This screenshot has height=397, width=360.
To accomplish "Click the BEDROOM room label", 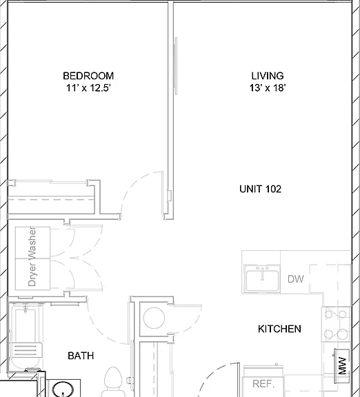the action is coord(88,76).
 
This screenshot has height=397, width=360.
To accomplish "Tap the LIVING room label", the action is coord(268,76).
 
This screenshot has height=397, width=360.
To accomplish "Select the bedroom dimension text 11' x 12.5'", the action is coord(88,88).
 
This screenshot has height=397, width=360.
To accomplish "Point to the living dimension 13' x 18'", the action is coord(268,88).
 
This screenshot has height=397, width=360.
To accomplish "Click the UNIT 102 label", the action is coord(261,189).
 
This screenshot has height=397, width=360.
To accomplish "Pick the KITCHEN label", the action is coord(279,329).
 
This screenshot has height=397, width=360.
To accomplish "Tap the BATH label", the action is coord(81,356).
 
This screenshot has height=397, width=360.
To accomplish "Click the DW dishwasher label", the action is coord(296,279).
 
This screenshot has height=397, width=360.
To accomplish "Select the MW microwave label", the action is coord(342,366).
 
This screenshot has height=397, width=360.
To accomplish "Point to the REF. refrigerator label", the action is coord(263,384).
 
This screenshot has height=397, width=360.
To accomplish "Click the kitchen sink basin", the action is coord(263,281).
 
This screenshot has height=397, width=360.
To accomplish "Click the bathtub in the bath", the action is coord(26,337).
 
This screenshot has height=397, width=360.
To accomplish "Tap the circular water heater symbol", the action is coord(154,318).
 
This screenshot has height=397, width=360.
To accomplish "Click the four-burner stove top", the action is coord(336,324).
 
